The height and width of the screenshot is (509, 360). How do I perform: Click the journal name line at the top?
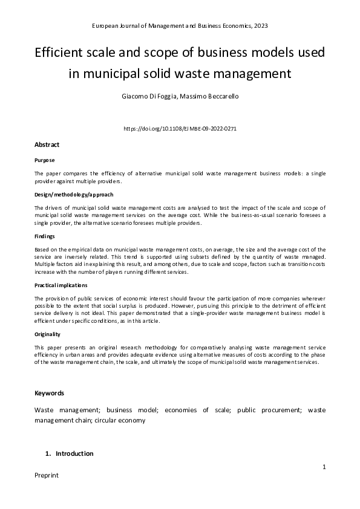[180, 27]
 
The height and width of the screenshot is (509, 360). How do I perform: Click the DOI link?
[180, 129]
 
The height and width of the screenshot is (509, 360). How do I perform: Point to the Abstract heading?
[47, 145]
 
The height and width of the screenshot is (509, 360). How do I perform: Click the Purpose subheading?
[44, 160]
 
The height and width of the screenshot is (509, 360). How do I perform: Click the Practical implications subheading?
[61, 284]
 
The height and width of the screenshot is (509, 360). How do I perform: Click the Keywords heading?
[49, 393]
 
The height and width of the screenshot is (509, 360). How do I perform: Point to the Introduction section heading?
[74, 453]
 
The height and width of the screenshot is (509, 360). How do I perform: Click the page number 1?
[324, 467]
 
